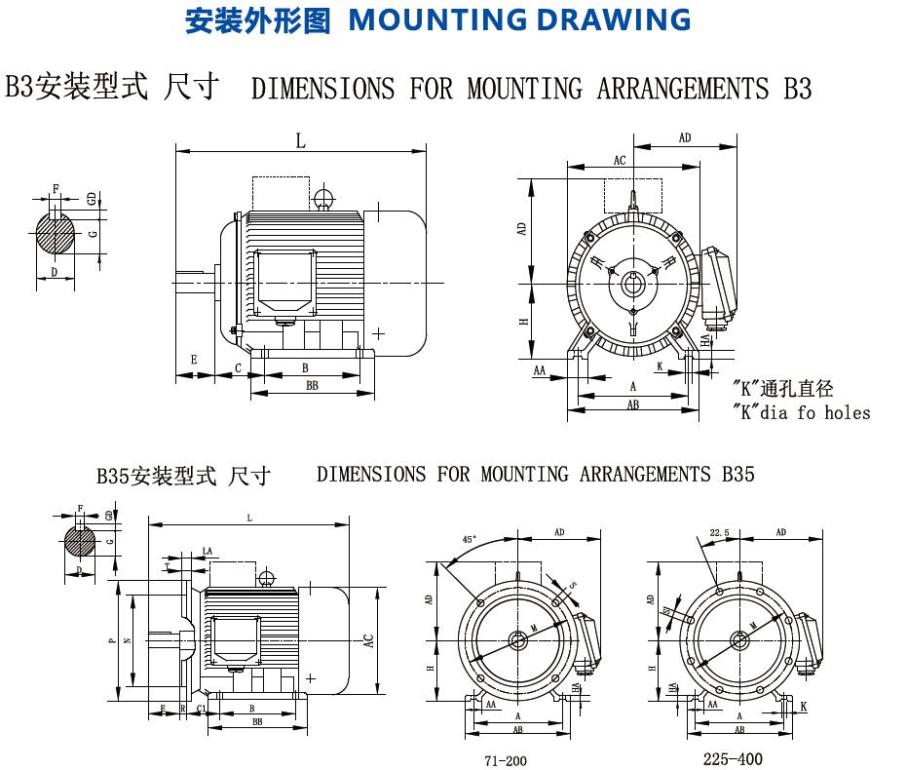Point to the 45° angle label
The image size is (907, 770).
pyautogui.click(x=470, y=540)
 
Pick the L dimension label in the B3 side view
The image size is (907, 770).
pyautogui.click(x=301, y=141)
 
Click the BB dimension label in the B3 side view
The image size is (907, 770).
pyautogui.click(x=312, y=386)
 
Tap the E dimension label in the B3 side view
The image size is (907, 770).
pyautogui.click(x=194, y=361)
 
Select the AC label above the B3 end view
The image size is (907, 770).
pyautogui.click(x=620, y=160)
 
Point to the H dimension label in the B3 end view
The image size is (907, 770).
pyautogui.click(x=523, y=322)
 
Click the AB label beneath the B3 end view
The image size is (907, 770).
pyautogui.click(x=632, y=404)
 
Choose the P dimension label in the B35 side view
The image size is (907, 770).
pyautogui.click(x=113, y=640)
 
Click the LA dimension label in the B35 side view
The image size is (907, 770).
pyautogui.click(x=207, y=552)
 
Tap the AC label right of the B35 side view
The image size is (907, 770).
pyautogui.click(x=368, y=640)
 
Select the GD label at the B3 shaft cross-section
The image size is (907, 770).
pyautogui.click(x=91, y=199)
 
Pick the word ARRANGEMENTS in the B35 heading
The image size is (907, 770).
pyautogui.click(x=645, y=475)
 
